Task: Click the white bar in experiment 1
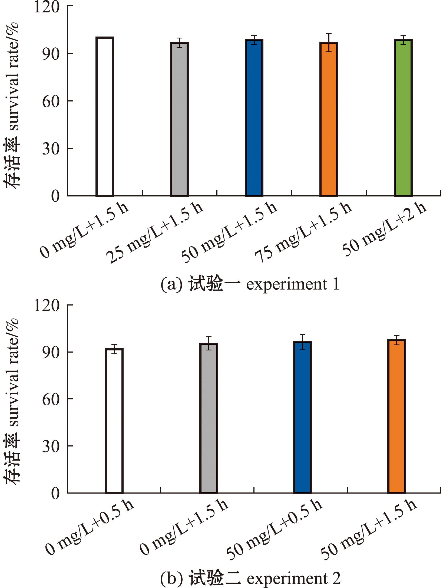point(105,116)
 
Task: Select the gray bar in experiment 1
point(179,119)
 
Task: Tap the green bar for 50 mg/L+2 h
point(403,118)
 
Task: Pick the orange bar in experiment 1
point(329,119)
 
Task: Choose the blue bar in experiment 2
point(303,417)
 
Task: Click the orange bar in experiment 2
point(396,416)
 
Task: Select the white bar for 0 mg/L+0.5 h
point(114,421)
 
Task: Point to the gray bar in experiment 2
point(209,418)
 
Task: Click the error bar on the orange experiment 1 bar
point(329,42)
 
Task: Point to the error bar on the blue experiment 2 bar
point(303,342)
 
